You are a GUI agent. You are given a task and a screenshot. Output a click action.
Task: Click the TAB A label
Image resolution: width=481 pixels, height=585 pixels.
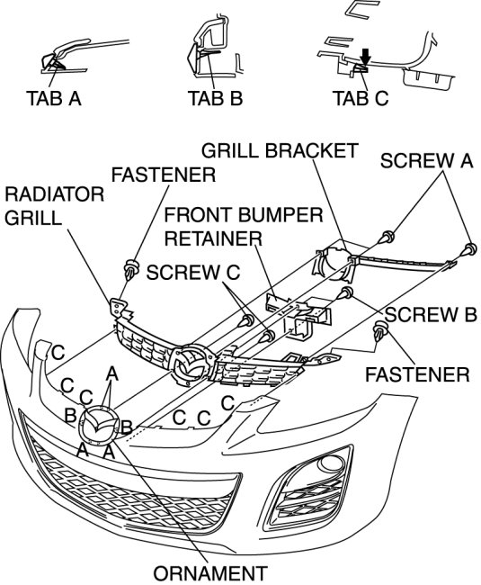pos(54,98)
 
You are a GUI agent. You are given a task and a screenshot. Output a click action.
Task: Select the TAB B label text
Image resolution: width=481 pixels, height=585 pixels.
pos(216,98)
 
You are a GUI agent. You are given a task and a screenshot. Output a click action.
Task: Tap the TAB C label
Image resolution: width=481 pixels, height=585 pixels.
pos(361,98)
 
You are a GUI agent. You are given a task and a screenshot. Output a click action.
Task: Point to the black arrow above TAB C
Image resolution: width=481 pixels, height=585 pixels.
pos(366,56)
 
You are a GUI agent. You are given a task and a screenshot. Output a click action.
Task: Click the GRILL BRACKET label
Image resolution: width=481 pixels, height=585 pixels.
pos(280,150)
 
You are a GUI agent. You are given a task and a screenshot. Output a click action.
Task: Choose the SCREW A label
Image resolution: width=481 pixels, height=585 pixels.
pos(426,161)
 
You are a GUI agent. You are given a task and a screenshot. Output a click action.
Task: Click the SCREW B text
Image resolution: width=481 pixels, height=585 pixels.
pos(431,314)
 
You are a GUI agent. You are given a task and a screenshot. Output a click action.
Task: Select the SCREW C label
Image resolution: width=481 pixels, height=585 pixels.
pos(193,273)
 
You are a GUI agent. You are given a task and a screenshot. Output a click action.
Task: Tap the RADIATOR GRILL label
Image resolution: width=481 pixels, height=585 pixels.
pos(55,206)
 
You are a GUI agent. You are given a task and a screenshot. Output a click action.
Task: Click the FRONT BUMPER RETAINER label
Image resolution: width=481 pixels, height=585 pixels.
pos(244,227)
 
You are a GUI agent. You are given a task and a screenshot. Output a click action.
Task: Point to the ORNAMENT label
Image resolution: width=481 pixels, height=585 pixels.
pos(210,573)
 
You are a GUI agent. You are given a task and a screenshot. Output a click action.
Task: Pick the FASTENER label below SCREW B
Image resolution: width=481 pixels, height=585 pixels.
pos(417,374)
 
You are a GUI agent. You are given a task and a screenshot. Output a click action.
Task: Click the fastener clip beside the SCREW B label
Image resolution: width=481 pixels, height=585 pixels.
pos(381,330)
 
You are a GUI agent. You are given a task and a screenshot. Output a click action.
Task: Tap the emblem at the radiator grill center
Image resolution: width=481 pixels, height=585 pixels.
pos(192,364)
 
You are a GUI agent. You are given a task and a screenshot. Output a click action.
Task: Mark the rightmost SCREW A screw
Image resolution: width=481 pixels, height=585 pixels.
pos(469,250)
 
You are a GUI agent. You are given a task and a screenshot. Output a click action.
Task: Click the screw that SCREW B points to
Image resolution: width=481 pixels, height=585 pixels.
pos(345,293)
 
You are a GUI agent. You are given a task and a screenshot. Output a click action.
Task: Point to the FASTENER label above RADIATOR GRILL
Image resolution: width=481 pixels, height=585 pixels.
pos(164,175)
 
